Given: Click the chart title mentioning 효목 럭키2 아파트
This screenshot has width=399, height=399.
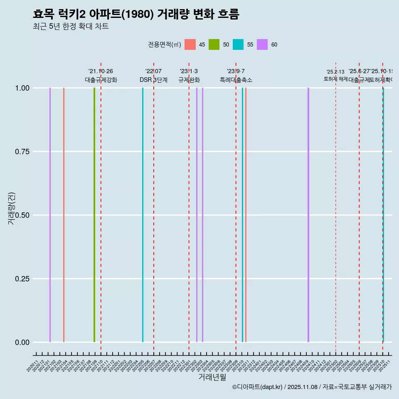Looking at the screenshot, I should (x=136, y=14).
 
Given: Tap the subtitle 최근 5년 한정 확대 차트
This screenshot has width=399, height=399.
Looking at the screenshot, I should (x=71, y=27).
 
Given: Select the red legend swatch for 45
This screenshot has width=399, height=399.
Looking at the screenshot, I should (x=190, y=44).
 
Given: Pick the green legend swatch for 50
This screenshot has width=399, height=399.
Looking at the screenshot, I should (x=214, y=44).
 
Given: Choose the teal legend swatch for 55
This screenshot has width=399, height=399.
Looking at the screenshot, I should (x=238, y=44).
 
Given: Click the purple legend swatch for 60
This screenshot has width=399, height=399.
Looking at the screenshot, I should (x=262, y=44).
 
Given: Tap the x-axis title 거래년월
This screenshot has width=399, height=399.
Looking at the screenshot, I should (x=212, y=377).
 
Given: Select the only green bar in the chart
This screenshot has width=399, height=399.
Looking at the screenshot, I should (x=94, y=215).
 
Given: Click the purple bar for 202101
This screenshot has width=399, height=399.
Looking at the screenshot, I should (x=50, y=215).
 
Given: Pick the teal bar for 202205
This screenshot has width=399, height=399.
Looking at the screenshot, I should (x=143, y=215).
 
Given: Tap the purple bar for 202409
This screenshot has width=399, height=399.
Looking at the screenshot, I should (x=308, y=215).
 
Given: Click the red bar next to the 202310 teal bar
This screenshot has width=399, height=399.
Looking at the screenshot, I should (x=246, y=215).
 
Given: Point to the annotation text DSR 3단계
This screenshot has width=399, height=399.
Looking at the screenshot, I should (x=153, y=80).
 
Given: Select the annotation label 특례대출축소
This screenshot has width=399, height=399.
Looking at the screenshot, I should (x=236, y=80).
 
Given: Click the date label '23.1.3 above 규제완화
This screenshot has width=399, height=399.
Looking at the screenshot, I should (x=189, y=71).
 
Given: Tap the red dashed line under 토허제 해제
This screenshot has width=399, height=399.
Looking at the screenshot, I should (x=336, y=216).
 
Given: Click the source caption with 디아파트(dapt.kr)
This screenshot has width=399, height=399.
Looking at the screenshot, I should (x=312, y=387).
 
